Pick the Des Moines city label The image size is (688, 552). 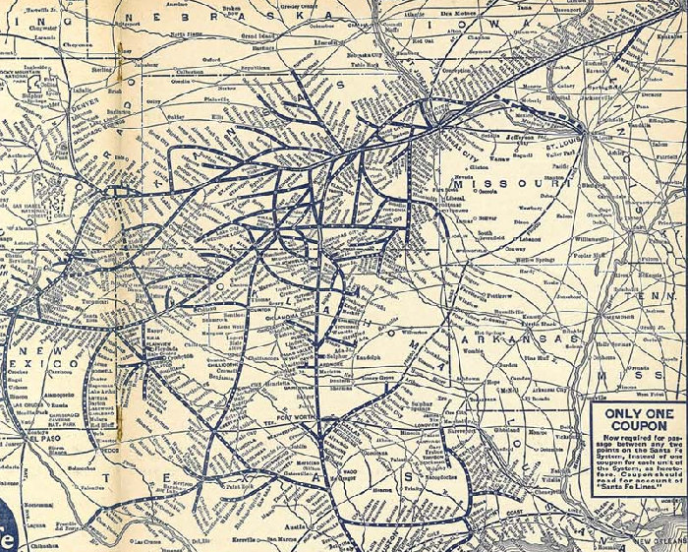[458, 12]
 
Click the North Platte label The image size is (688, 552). [187, 32]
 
